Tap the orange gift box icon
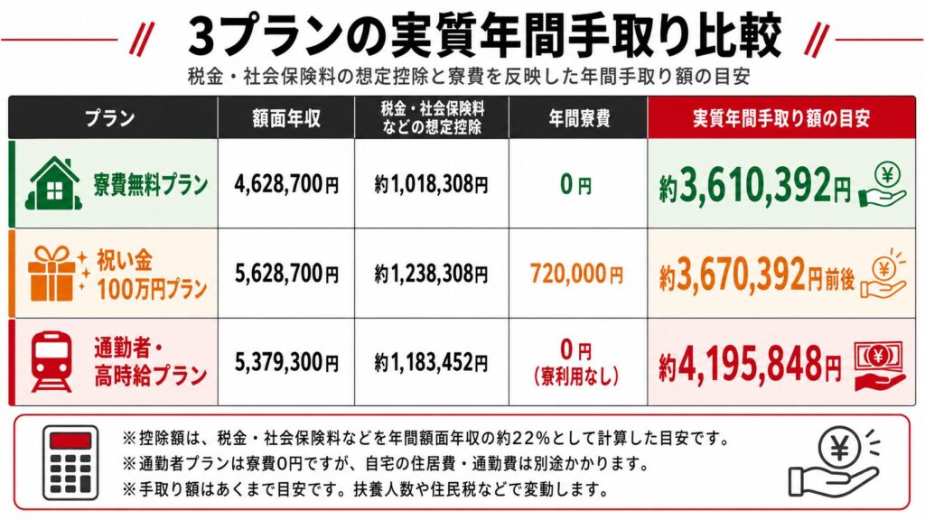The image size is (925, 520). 51,274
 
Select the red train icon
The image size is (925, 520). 51,362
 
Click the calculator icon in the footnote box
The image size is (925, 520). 70,463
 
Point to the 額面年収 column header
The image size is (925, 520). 286,118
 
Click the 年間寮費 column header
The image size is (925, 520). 579,118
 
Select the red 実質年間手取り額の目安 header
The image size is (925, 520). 781,118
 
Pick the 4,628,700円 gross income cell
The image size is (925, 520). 286,184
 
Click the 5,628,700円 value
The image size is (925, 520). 286,274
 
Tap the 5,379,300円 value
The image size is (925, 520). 286,362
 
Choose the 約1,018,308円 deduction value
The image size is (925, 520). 431,184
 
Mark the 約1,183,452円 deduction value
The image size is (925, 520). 431,362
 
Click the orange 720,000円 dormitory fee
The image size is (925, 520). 576,274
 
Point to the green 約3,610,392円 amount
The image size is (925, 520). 755,184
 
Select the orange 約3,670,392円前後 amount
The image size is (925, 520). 757,274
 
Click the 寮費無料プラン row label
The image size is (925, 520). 150,184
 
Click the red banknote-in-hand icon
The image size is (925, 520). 879,366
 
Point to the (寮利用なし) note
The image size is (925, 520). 575,376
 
